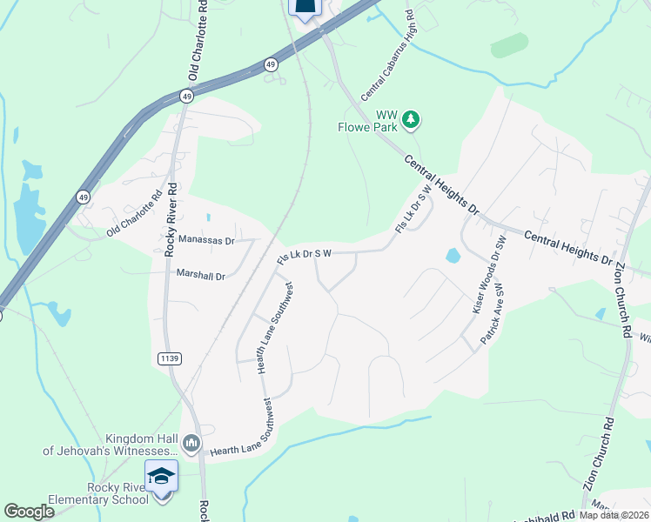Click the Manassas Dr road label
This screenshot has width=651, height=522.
(x=206, y=239)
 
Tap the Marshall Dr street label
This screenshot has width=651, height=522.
(x=200, y=275)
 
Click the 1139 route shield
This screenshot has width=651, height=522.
(x=169, y=358)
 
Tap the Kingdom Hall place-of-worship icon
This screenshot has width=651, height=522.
(x=192, y=444)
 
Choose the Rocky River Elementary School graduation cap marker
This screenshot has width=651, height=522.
(x=162, y=476)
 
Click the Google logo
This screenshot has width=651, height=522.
(x=29, y=512)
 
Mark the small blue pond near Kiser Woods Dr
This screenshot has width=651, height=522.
(x=453, y=256)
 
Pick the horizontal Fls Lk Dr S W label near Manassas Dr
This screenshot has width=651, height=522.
(x=304, y=255)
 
